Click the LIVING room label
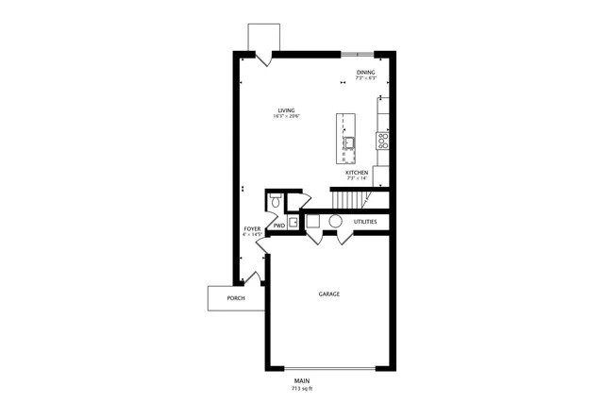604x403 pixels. [x=286, y=109]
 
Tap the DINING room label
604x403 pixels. [x=365, y=72]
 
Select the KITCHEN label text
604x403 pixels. [x=356, y=173]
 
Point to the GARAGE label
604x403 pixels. [x=328, y=294]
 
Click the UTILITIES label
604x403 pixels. [x=365, y=222]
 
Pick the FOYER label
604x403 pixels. [x=252, y=228]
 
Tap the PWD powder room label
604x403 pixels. [x=279, y=226]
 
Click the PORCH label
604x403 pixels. [x=236, y=298]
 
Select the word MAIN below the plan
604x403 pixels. [x=301, y=381]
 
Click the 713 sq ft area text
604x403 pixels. [x=301, y=389]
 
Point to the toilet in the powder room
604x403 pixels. [x=275, y=201]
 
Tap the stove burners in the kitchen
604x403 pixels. [x=383, y=142]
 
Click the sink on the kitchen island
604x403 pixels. [x=348, y=143]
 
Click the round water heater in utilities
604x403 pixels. [x=335, y=221]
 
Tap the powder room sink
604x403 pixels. [x=293, y=223]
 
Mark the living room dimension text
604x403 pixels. [x=286, y=116]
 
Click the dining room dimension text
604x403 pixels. [x=365, y=78]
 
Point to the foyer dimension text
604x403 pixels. [x=252, y=235]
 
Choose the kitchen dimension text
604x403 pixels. [x=356, y=179]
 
